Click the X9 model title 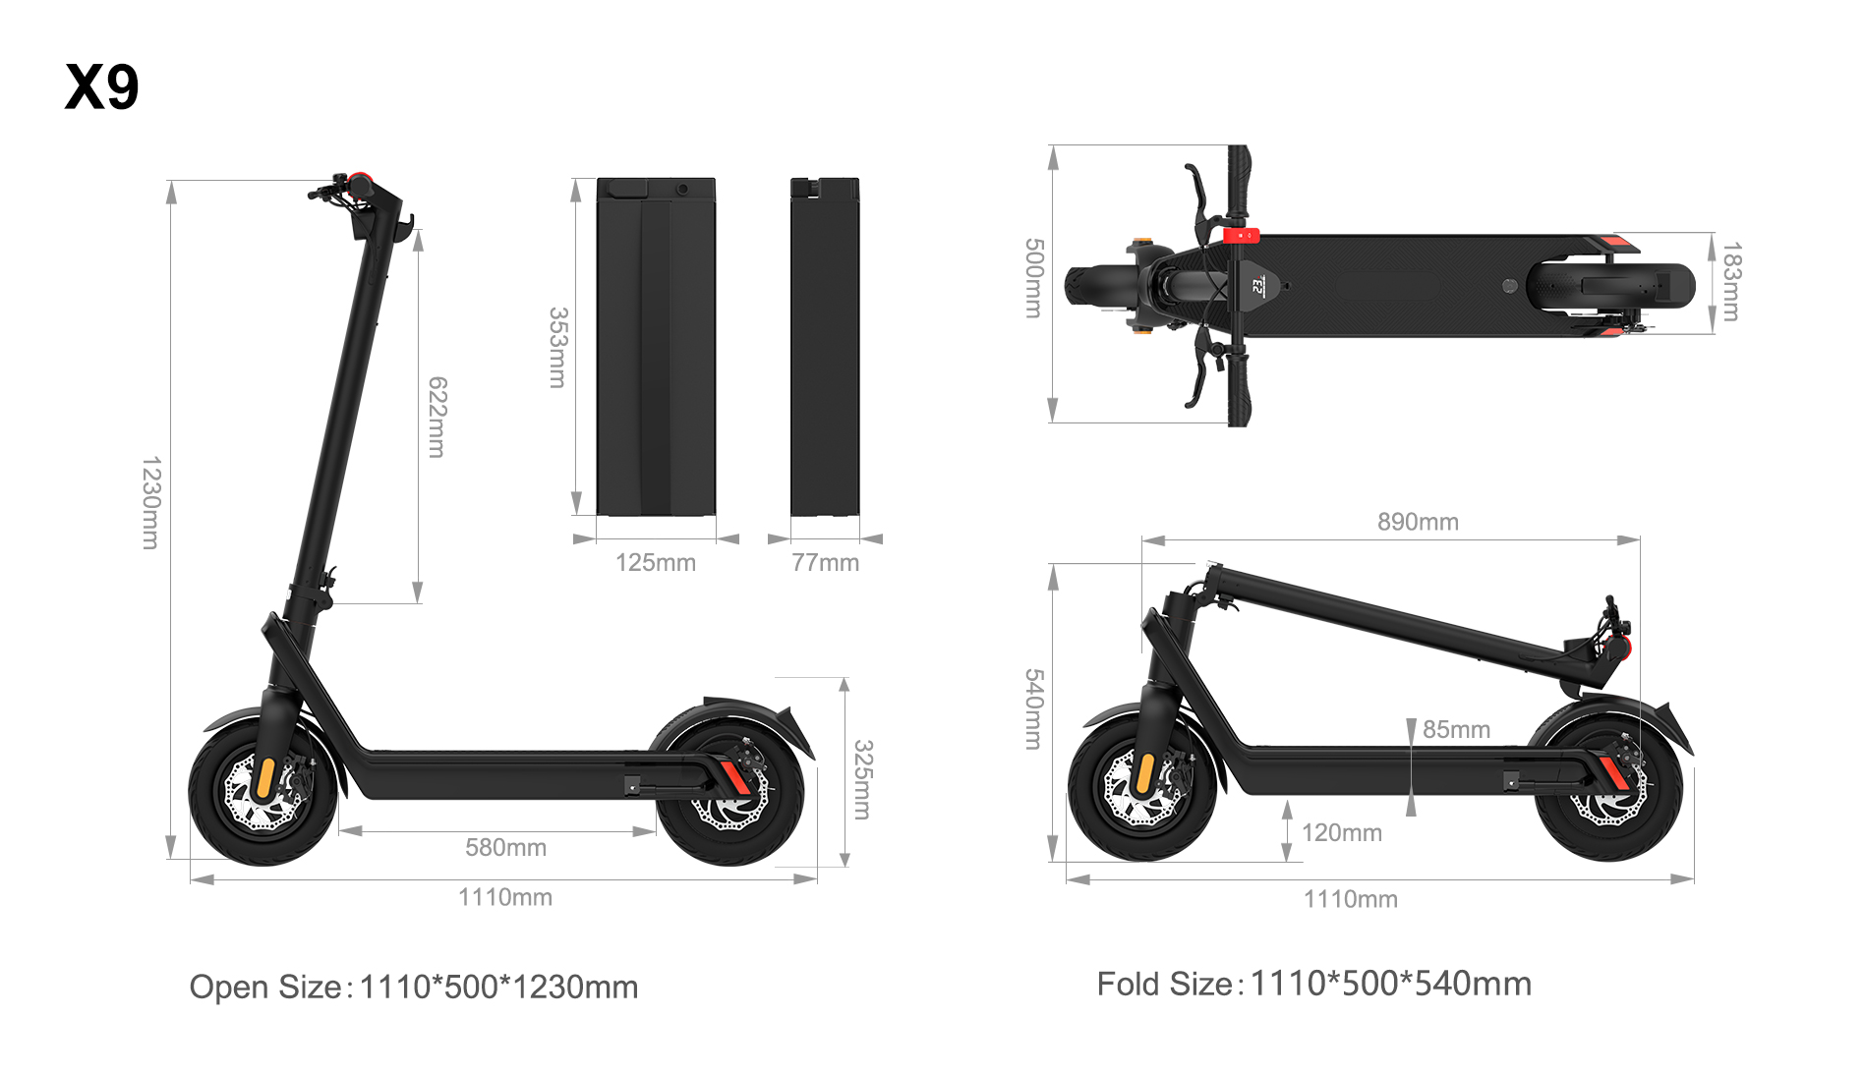(102, 86)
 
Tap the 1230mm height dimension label (150, 502)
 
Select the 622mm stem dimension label (437, 417)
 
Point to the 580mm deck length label (505, 847)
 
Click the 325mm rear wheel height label (862, 779)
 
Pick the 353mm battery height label (557, 348)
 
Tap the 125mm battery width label (656, 563)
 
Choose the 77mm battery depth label (825, 563)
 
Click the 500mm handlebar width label (1034, 278)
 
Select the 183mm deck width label (1731, 282)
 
